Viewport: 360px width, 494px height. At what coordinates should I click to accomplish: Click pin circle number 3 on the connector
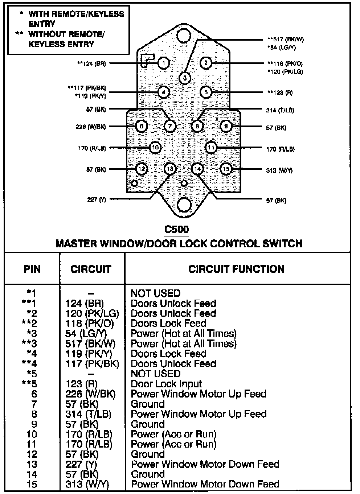(185, 78)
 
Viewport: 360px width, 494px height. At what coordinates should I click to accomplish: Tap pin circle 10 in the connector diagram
(155, 147)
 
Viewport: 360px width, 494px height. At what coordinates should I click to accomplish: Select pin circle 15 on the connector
(226, 169)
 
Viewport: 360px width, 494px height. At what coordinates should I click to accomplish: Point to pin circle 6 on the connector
(141, 126)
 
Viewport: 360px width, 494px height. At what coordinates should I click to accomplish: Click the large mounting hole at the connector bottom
(184, 205)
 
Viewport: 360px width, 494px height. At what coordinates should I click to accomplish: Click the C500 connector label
(177, 229)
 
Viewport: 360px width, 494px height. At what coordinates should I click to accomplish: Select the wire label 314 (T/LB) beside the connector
(280, 110)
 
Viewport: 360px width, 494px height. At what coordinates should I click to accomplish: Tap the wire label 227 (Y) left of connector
(97, 199)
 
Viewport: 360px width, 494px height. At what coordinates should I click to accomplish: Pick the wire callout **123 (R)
(280, 92)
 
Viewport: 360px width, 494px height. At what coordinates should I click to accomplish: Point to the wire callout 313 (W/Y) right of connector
(279, 170)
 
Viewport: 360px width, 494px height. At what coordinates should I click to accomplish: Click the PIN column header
(32, 269)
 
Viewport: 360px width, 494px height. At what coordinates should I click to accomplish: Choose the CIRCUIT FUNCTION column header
(236, 269)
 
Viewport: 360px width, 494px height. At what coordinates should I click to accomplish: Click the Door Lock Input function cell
(166, 384)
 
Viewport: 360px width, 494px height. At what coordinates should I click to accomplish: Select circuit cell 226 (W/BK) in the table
(90, 394)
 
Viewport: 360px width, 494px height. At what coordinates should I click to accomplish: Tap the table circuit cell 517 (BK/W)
(90, 343)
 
